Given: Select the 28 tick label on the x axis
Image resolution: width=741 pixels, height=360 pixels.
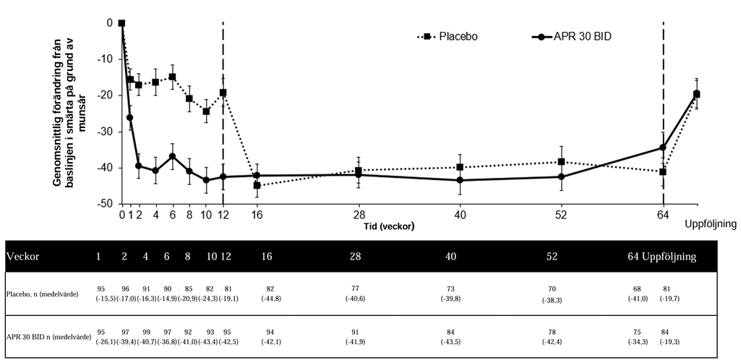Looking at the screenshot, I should coord(359,215).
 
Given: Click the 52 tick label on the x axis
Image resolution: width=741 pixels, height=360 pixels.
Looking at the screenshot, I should coord(561,215).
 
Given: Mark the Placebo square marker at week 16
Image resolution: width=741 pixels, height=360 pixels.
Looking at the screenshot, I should coord(257,186).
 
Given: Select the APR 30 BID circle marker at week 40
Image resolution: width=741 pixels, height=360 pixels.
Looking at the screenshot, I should coord(460,180).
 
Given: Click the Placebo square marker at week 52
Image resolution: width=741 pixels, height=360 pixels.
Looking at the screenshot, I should coord(561,162).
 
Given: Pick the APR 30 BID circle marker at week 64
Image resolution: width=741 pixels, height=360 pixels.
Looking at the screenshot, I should coord(663,147).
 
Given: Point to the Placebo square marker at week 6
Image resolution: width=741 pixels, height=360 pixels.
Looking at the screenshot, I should coord(172,77).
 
